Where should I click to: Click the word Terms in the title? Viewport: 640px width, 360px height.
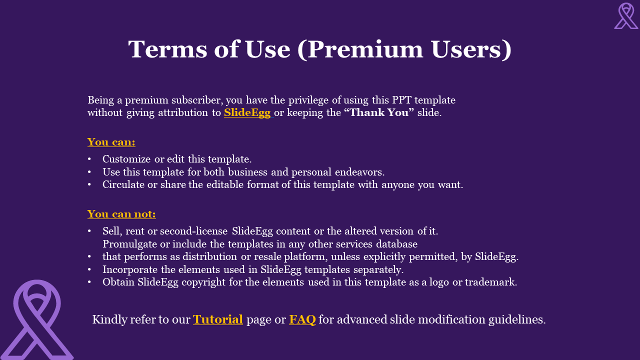pyautogui.click(x=167, y=49)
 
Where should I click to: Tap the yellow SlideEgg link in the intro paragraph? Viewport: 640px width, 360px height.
pyautogui.click(x=247, y=112)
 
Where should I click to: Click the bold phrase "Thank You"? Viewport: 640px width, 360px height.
pyautogui.click(x=379, y=112)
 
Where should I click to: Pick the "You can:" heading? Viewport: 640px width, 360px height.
pyautogui.click(x=111, y=142)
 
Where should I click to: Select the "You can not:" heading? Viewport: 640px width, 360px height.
pyautogui.click(x=121, y=214)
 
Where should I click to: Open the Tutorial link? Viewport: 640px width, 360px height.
pyautogui.click(x=217, y=319)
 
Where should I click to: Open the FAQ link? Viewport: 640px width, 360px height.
pyautogui.click(x=302, y=319)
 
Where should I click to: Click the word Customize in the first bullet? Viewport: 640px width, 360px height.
pyautogui.click(x=126, y=159)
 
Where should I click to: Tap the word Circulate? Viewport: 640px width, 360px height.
pyautogui.click(x=123, y=184)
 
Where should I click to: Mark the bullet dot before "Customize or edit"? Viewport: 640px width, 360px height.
pyautogui.click(x=89, y=159)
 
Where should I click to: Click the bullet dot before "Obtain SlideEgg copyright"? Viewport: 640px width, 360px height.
pyautogui.click(x=89, y=282)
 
